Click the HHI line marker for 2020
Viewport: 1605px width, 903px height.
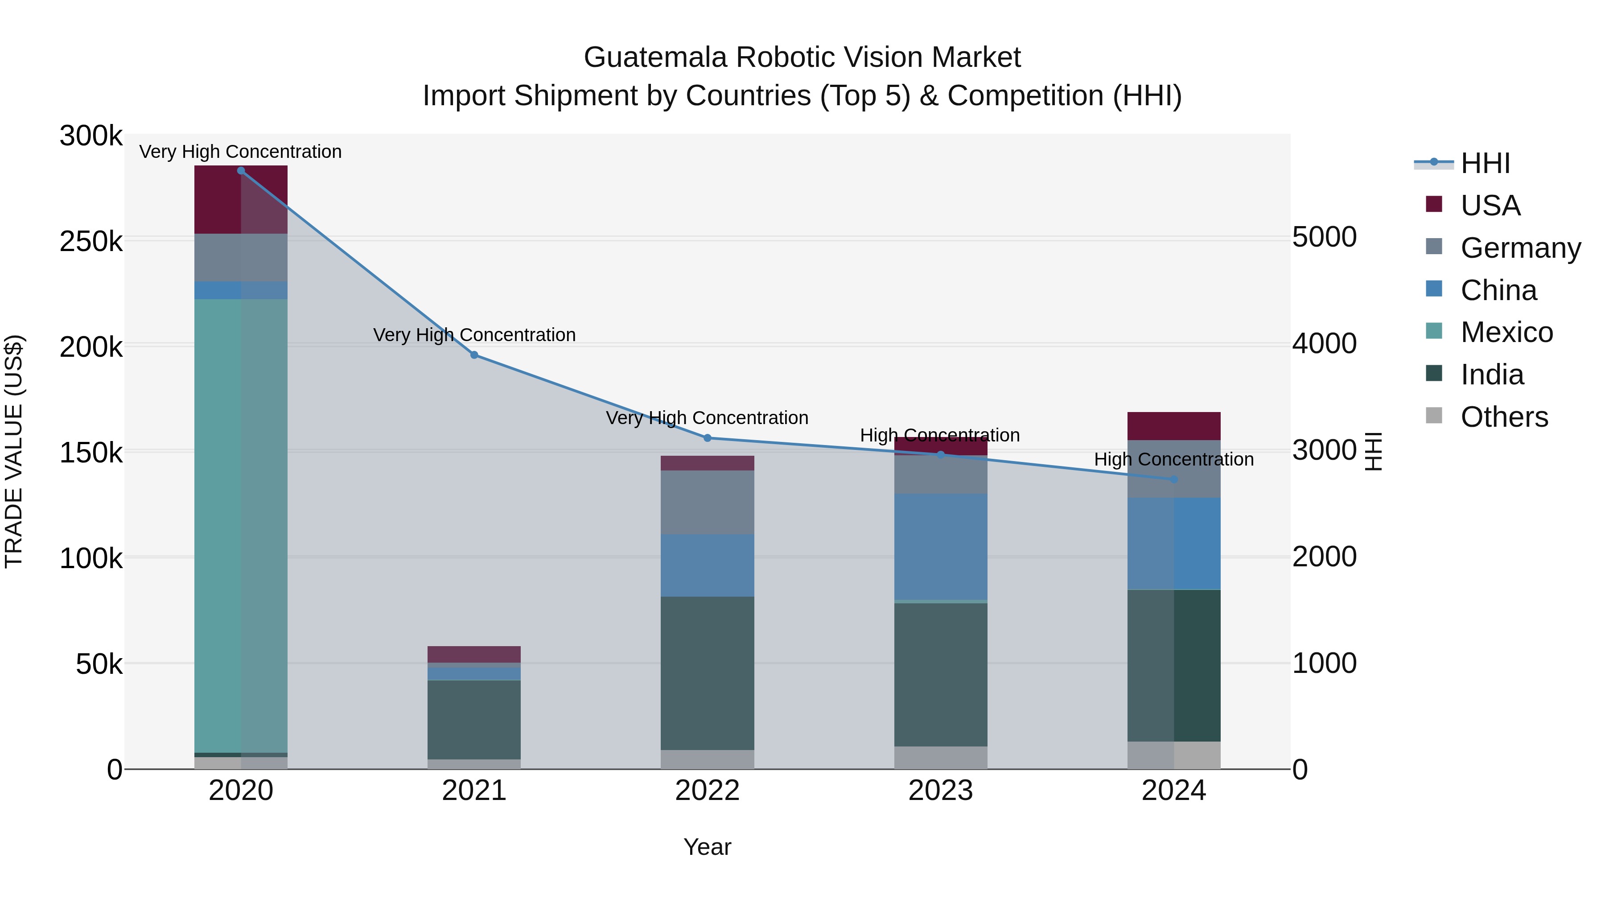coord(241,171)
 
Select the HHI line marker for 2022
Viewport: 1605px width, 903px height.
coord(707,438)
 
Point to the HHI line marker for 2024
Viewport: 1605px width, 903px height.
coord(1174,479)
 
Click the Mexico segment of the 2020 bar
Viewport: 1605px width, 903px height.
coord(241,525)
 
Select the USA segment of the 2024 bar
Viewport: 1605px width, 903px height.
coord(1174,426)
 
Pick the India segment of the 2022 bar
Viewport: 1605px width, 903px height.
coord(707,673)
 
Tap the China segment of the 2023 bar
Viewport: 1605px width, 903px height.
coord(941,547)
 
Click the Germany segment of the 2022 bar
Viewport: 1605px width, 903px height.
coord(707,502)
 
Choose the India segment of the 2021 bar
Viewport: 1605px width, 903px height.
coord(474,720)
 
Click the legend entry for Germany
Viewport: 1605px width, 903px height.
coord(1520,248)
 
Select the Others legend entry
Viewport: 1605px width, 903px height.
coord(1504,417)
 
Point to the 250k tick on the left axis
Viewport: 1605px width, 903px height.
coord(91,242)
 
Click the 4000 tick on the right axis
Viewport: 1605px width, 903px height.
coord(1325,343)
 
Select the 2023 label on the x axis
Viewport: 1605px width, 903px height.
coord(941,791)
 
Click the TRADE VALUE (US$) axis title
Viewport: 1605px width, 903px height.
coord(14,451)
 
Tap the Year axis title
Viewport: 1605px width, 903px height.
coord(707,847)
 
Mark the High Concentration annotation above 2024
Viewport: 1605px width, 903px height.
coord(1174,459)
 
